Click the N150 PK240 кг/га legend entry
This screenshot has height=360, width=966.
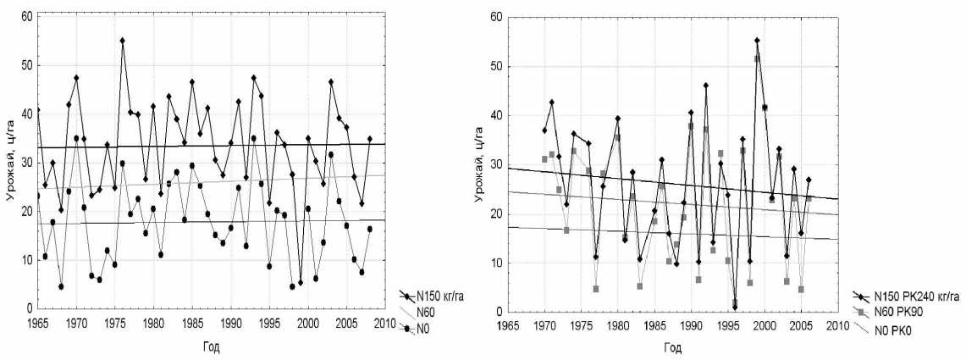(x=911, y=296)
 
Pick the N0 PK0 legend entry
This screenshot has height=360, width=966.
(x=892, y=329)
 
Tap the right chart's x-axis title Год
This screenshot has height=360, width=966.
(x=672, y=347)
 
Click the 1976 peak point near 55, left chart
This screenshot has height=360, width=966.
(x=122, y=41)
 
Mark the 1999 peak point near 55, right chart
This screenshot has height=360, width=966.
(x=757, y=40)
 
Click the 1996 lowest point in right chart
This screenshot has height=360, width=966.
(x=735, y=307)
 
